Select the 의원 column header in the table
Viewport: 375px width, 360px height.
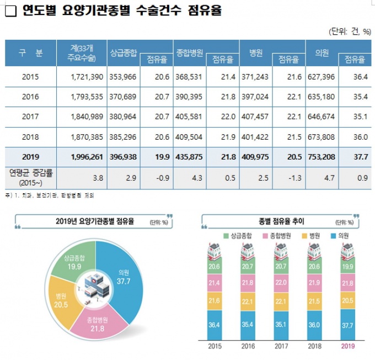[x=322, y=53]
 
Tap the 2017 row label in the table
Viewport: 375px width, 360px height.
[x=30, y=117]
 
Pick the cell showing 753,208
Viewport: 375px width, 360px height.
[x=322, y=156]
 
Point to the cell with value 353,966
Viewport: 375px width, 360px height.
[x=121, y=77]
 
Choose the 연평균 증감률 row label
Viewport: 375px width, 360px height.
[x=30, y=177]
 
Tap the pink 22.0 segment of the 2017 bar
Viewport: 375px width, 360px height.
[x=280, y=282]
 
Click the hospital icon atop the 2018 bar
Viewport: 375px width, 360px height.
[x=314, y=251]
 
